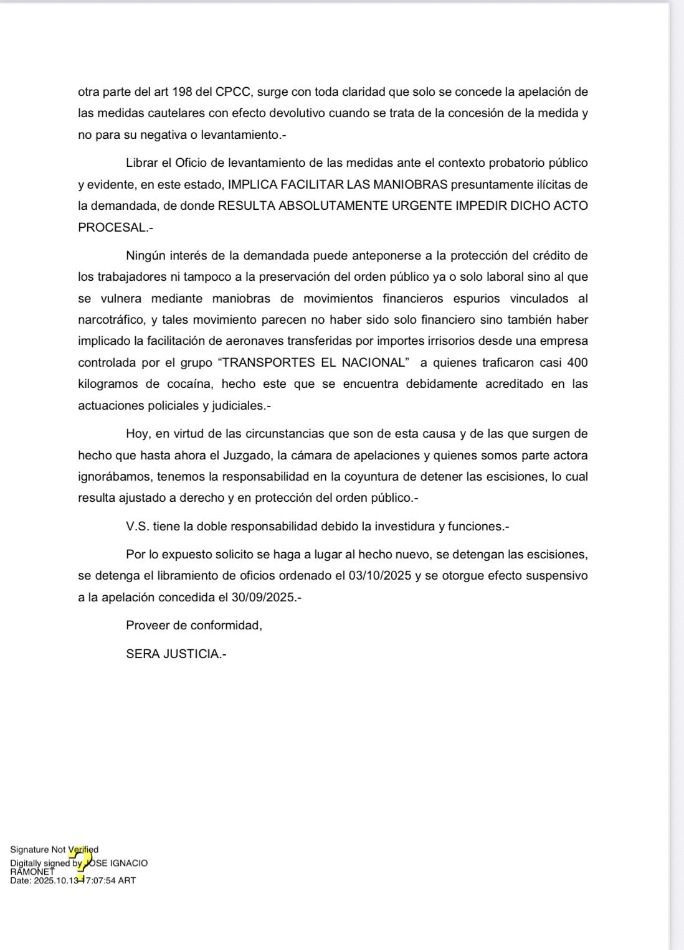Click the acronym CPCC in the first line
[x=234, y=92]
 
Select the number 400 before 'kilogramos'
[x=577, y=363]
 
